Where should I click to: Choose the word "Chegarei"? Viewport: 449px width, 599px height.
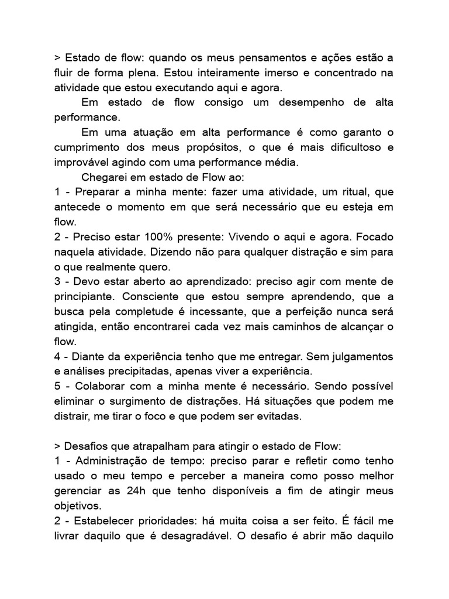[109, 178]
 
